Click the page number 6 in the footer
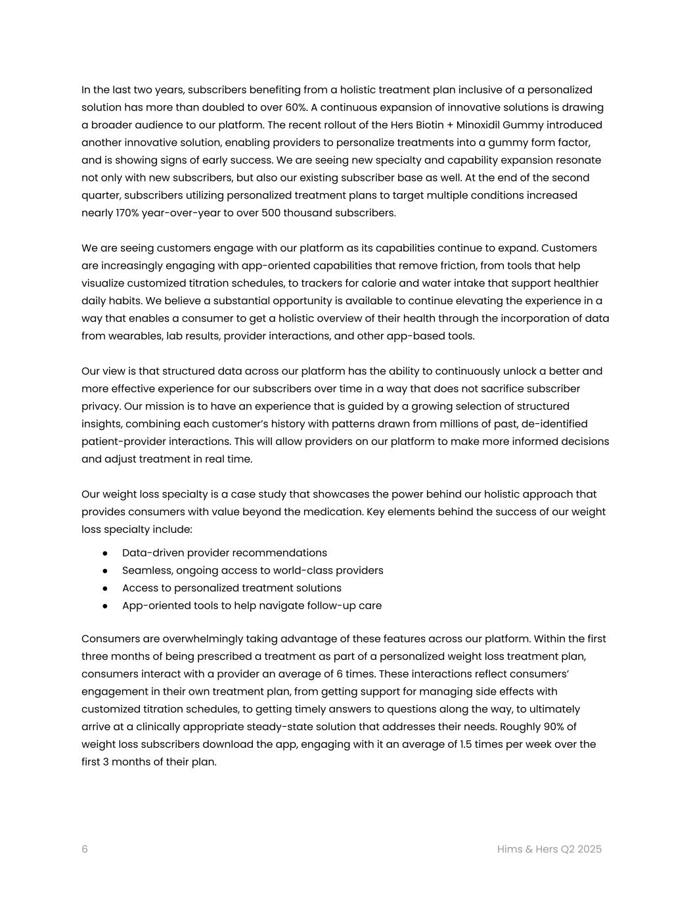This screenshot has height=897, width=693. [85, 849]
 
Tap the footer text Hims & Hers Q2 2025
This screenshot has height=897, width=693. [549, 849]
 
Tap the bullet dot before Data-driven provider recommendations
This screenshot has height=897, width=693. [105, 553]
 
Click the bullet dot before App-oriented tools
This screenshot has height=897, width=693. [105, 606]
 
